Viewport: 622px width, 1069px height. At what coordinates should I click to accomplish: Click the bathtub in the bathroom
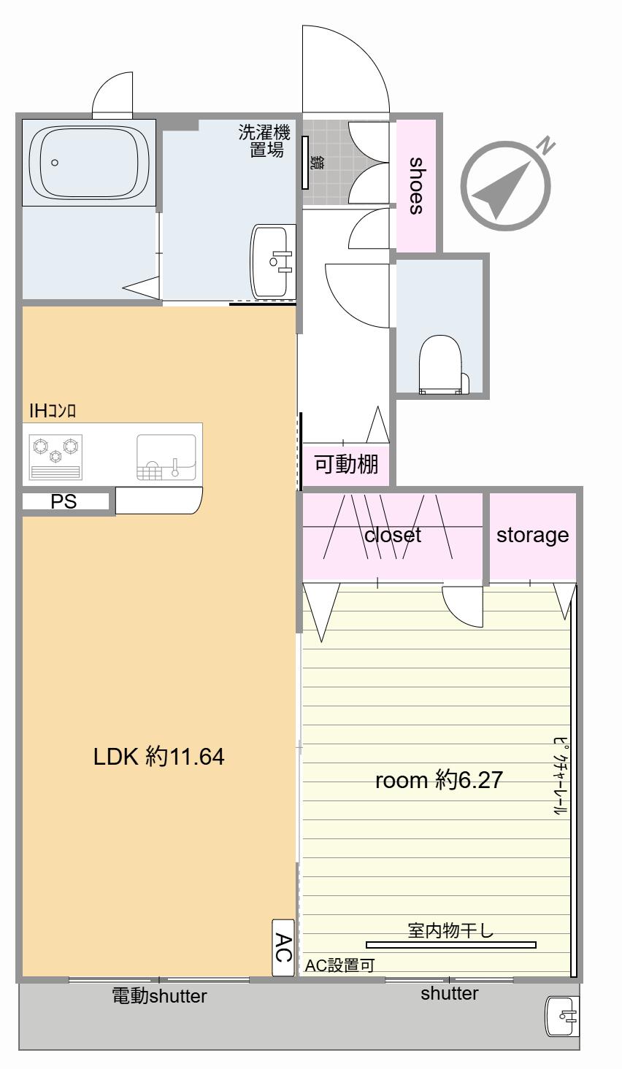[x=89, y=163]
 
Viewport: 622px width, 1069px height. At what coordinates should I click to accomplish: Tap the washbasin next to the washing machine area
[x=272, y=261]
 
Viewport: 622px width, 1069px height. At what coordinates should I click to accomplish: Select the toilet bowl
[x=443, y=365]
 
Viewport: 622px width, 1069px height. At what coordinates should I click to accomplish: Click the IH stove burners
[x=55, y=456]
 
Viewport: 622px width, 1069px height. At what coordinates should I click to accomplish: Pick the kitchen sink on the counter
[x=166, y=457]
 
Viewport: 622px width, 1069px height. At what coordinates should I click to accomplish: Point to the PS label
[x=64, y=501]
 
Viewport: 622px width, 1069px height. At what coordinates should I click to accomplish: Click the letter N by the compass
[x=545, y=145]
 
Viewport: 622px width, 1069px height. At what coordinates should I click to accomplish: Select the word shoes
[x=416, y=185]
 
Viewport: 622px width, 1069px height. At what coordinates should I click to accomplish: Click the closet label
[x=392, y=535]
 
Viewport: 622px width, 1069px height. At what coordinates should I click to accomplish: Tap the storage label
[x=532, y=536]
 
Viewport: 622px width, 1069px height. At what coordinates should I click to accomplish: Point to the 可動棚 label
[x=346, y=463]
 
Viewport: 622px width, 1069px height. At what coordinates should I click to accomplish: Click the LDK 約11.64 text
[x=158, y=757]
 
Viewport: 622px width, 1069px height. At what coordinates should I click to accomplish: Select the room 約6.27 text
[x=439, y=780]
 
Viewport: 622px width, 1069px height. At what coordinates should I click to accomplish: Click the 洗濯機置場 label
[x=264, y=141]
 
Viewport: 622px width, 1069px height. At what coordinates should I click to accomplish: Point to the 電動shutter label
[x=159, y=996]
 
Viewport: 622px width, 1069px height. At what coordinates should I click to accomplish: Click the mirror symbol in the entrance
[x=305, y=163]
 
